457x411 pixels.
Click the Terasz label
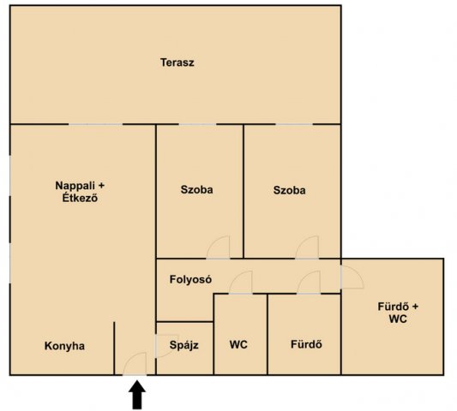click(x=177, y=63)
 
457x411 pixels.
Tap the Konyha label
click(x=64, y=346)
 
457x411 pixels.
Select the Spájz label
click(x=183, y=345)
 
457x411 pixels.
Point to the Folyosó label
click(x=190, y=279)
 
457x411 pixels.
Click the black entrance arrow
click(x=137, y=395)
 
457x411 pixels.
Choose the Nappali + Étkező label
click(x=80, y=192)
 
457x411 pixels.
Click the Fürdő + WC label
click(x=398, y=313)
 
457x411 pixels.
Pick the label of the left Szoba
click(x=196, y=190)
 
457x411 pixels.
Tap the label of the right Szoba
click(x=290, y=190)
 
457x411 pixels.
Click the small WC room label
click(x=238, y=344)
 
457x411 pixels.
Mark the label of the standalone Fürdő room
click(x=306, y=344)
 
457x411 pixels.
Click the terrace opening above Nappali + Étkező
click(x=95, y=124)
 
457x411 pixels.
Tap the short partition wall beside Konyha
click(x=114, y=348)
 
